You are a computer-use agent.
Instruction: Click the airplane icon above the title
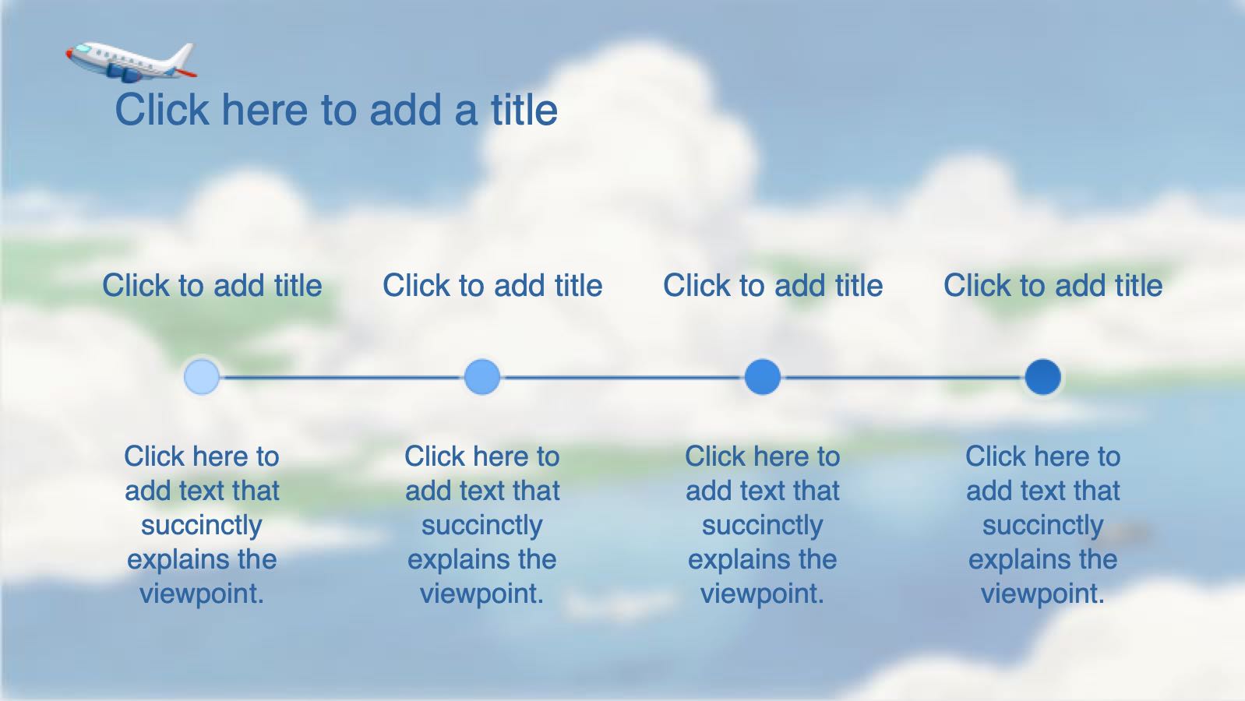click(131, 62)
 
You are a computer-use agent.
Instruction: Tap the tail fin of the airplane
click(183, 55)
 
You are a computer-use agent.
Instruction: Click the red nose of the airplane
click(69, 54)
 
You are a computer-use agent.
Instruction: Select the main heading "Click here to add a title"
click(337, 109)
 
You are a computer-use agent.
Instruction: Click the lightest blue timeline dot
click(202, 377)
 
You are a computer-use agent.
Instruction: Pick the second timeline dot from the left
click(482, 377)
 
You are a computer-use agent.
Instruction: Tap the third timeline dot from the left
click(763, 377)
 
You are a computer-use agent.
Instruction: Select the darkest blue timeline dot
click(1042, 377)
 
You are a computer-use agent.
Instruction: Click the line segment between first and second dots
click(342, 378)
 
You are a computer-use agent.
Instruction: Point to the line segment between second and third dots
click(622, 378)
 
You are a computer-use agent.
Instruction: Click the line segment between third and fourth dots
click(903, 378)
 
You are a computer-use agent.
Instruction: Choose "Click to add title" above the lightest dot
click(213, 286)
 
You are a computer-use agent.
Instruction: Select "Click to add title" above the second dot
click(492, 286)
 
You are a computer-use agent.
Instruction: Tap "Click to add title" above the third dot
click(773, 286)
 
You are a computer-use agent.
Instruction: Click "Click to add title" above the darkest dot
click(1053, 286)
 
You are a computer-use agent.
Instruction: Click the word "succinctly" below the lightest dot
click(202, 526)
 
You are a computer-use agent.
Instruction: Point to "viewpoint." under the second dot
click(482, 594)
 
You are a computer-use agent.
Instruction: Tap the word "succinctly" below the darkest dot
click(1042, 526)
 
